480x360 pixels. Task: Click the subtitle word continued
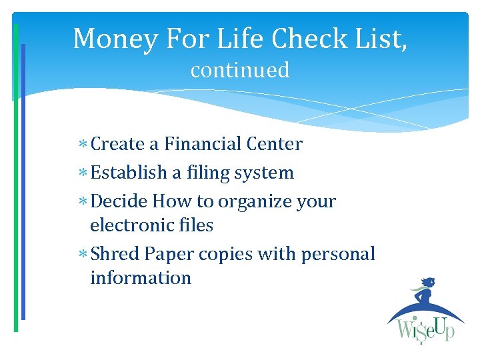click(x=240, y=70)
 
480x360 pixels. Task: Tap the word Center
click(x=274, y=144)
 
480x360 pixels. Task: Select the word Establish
click(x=129, y=173)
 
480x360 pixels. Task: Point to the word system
click(x=264, y=173)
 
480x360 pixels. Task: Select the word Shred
click(x=115, y=254)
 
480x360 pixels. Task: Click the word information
click(x=141, y=278)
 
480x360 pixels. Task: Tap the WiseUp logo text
click(x=425, y=330)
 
